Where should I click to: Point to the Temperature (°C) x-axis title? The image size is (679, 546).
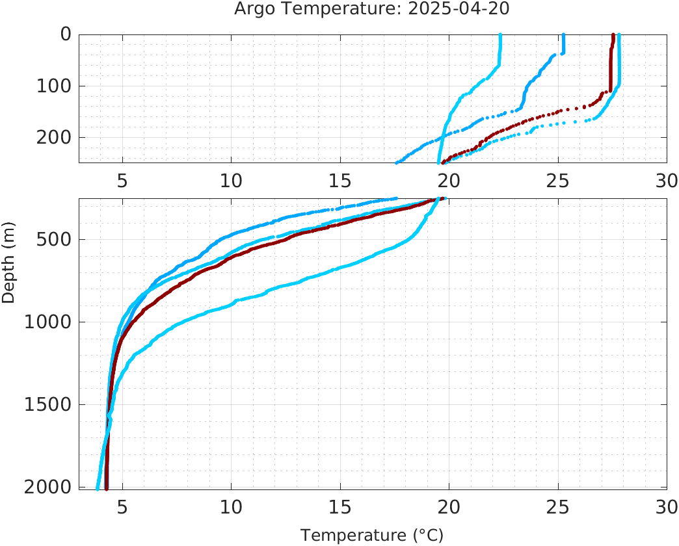coord(372,536)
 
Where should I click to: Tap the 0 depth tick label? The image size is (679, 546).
coord(66,34)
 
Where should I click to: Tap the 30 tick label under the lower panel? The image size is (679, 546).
coord(667,507)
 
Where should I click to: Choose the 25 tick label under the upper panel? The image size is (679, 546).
coord(557,181)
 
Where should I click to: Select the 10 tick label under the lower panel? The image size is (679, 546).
coord(231,507)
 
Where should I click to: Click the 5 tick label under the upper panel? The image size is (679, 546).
coord(122,181)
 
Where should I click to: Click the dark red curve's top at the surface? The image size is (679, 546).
coord(613,36)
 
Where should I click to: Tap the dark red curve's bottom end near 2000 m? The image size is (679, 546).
coord(106,487)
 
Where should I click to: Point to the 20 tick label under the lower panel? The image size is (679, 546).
coord(449,507)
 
